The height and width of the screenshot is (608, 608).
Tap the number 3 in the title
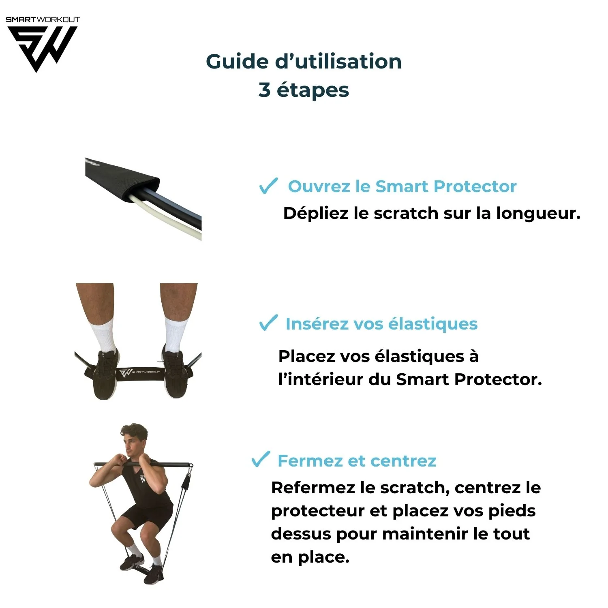click(x=264, y=90)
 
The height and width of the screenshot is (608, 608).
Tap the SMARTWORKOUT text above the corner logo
click(x=43, y=19)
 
